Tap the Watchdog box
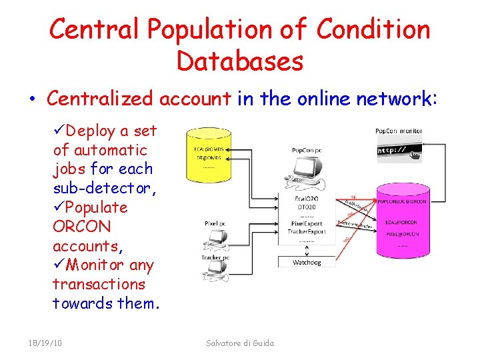pos(307,262)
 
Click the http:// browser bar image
pos(399,150)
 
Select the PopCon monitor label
pos(399,131)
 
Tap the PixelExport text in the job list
pos(306,223)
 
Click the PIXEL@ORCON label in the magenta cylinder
pos(402,234)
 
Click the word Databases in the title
pos(240,61)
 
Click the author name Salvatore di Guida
pos(240,343)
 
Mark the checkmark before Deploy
pos(59,131)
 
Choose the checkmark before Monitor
pos(59,265)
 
